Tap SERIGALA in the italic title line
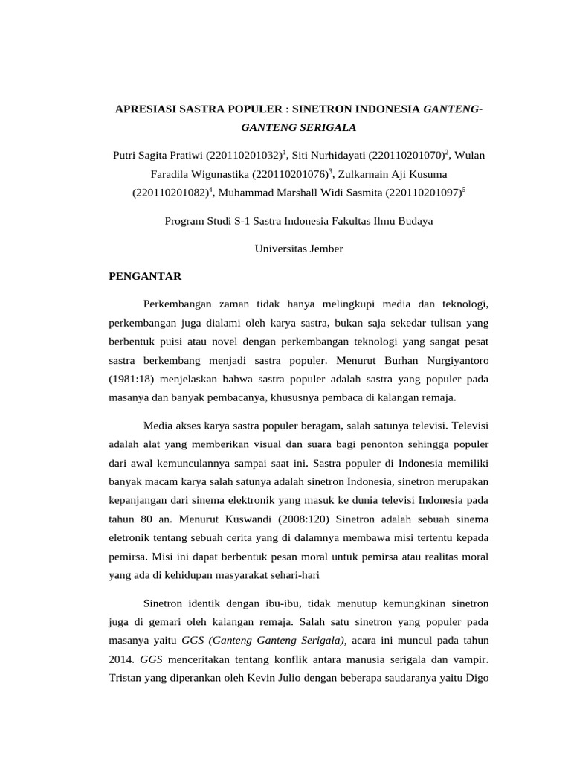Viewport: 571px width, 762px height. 327,127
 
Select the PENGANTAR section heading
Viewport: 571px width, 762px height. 145,276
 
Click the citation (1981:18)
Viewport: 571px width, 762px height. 135,378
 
